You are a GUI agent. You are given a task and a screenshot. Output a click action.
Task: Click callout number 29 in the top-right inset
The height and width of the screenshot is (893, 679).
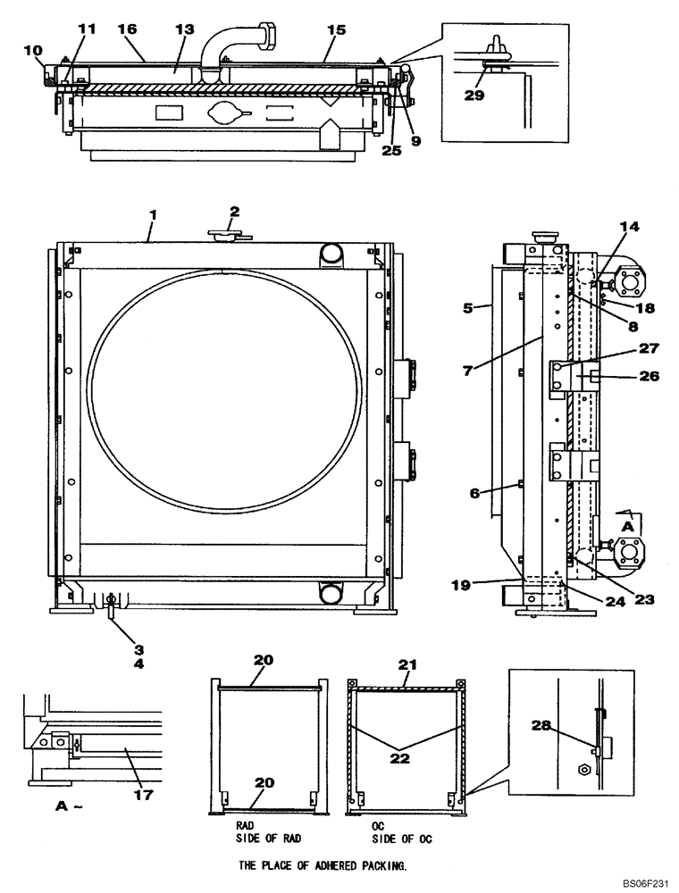point(474,95)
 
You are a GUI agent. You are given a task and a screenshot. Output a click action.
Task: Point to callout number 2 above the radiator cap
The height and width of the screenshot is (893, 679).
point(234,212)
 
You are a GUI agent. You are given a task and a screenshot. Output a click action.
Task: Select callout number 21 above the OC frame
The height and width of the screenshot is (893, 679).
point(407,664)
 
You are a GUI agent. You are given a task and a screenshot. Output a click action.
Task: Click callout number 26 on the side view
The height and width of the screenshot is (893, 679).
point(649,376)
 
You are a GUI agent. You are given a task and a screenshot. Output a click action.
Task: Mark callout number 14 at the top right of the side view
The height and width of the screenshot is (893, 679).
point(630,228)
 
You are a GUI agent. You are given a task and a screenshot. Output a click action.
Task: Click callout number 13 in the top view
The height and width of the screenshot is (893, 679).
point(184,29)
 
